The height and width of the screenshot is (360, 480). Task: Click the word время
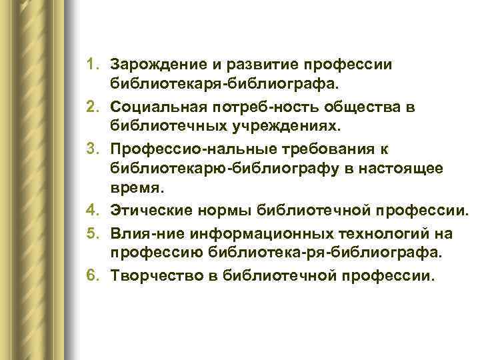point(133,191)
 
